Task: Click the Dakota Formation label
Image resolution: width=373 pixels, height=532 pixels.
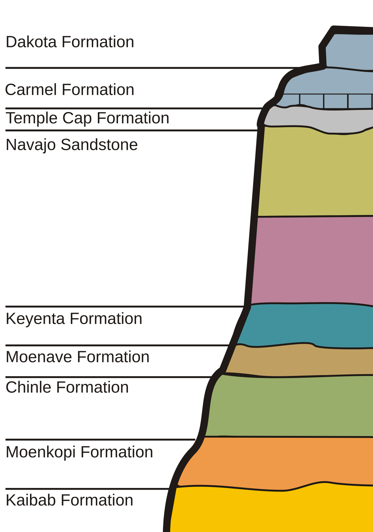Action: (70, 42)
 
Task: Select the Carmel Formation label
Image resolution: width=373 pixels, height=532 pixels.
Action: (70, 90)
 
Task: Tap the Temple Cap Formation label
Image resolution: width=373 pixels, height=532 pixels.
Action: (87, 118)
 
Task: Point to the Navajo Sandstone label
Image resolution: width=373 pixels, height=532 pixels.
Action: (72, 145)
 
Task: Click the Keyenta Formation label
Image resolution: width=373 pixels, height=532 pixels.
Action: (74, 318)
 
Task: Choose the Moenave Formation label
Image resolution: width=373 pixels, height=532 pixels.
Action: (78, 357)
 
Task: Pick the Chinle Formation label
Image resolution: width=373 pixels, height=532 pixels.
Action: (67, 387)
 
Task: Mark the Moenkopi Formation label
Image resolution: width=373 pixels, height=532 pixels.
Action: (79, 452)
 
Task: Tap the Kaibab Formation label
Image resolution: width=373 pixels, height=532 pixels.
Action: (69, 500)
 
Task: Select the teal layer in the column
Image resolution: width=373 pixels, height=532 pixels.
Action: (306, 325)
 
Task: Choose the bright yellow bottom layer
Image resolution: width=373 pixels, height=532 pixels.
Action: (271, 510)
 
